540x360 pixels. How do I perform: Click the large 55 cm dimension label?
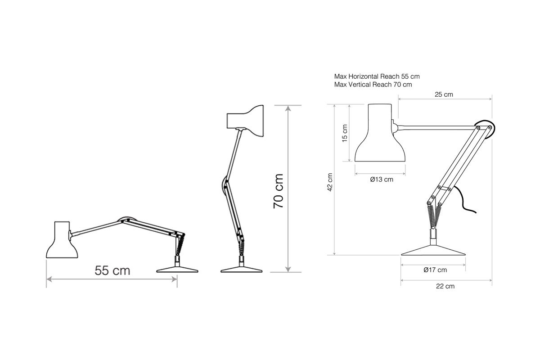[112, 270]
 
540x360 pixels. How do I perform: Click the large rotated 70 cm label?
[278, 191]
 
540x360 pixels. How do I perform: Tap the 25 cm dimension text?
[444, 94]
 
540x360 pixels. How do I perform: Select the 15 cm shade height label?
[345, 133]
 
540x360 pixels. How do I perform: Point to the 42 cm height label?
[330, 182]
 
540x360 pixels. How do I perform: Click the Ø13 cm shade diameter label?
[382, 180]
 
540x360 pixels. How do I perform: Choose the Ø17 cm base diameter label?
[435, 270]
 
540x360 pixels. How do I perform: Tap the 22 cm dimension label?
[445, 286]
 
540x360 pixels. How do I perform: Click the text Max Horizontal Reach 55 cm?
[377, 76]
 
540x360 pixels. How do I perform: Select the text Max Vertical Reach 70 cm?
[373, 85]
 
